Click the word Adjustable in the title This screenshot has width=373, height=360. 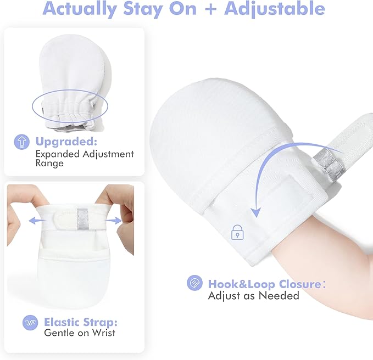[275, 9]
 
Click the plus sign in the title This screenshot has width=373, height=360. [210, 9]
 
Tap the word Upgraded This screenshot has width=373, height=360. [66, 142]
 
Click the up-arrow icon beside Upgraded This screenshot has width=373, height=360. [21, 142]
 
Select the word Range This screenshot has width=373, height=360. [49, 163]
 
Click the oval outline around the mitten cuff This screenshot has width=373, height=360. [70, 90]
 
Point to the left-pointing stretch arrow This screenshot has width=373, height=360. [37, 221]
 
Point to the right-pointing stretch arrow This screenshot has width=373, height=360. [114, 221]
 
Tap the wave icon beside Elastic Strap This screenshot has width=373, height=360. [30, 323]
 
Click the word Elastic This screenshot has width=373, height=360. [62, 323]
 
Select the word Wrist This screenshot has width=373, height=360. [103, 333]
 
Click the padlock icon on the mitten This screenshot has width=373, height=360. [237, 232]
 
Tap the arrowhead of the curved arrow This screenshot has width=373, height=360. [256, 212]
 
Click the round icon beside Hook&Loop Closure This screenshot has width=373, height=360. [194, 283]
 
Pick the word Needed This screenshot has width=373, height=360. [279, 296]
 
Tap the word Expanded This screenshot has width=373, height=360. [58, 154]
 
